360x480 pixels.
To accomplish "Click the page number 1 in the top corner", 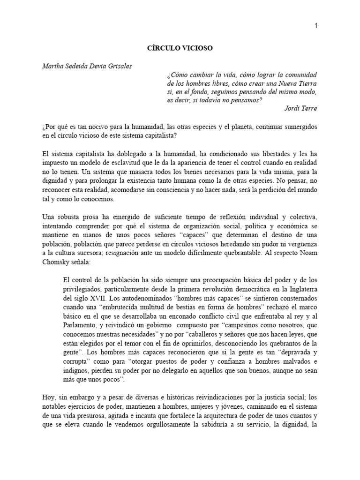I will pyautogui.click(x=316, y=27).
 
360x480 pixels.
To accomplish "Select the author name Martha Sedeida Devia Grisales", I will pyautogui.click(x=87, y=66).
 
